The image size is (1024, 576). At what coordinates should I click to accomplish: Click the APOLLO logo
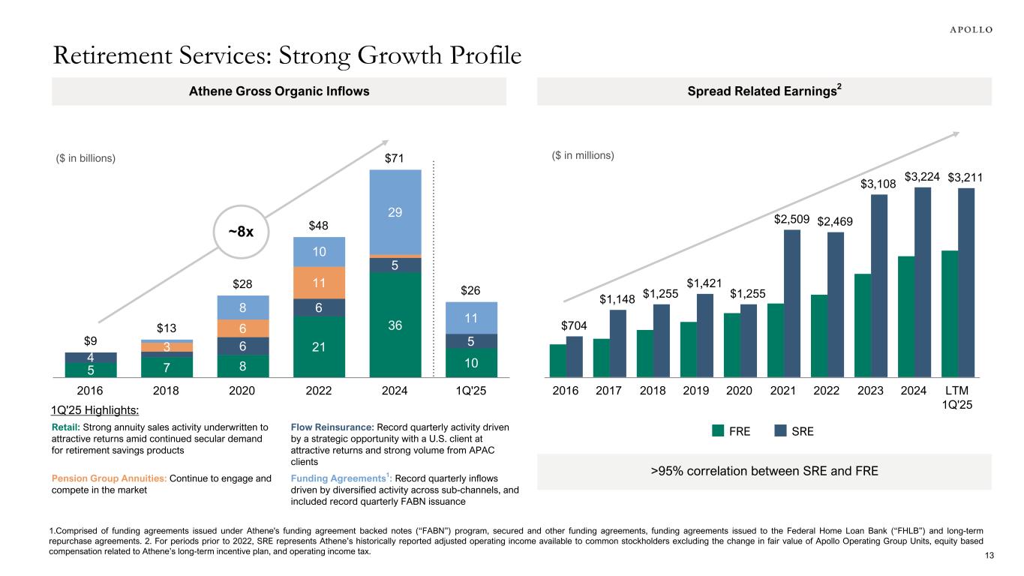[966, 29]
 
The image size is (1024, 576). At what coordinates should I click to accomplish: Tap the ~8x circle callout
[240, 232]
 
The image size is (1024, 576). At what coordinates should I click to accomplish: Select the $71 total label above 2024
[395, 158]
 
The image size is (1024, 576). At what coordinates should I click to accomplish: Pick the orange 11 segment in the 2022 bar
[319, 283]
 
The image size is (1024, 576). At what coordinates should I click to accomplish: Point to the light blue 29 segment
[395, 212]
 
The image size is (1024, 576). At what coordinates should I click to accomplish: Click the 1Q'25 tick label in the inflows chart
[471, 390]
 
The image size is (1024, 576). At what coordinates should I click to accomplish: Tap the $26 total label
[471, 289]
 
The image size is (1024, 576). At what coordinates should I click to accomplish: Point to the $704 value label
[574, 325]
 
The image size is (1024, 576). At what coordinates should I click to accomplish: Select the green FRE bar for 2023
[863, 325]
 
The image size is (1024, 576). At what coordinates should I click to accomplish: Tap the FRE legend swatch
[718, 431]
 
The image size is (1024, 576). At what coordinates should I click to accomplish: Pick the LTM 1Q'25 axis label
[957, 397]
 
